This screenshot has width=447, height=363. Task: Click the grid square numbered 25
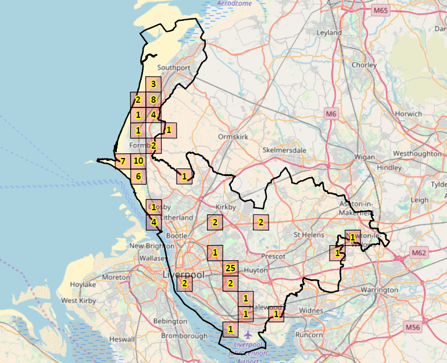[231, 268]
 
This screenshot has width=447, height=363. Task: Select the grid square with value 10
[138, 161]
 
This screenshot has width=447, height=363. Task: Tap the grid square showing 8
[153, 100]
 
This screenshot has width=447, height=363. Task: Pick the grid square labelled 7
[123, 161]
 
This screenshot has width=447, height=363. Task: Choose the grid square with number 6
[138, 177]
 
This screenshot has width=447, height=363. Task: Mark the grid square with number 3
[153, 85]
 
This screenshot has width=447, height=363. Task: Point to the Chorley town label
[364, 65]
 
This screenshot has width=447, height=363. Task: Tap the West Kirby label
[78, 301]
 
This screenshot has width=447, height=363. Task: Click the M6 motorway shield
[331, 114]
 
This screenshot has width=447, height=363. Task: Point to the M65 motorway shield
[381, 10]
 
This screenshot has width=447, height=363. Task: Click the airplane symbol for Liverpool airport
[249, 335]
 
